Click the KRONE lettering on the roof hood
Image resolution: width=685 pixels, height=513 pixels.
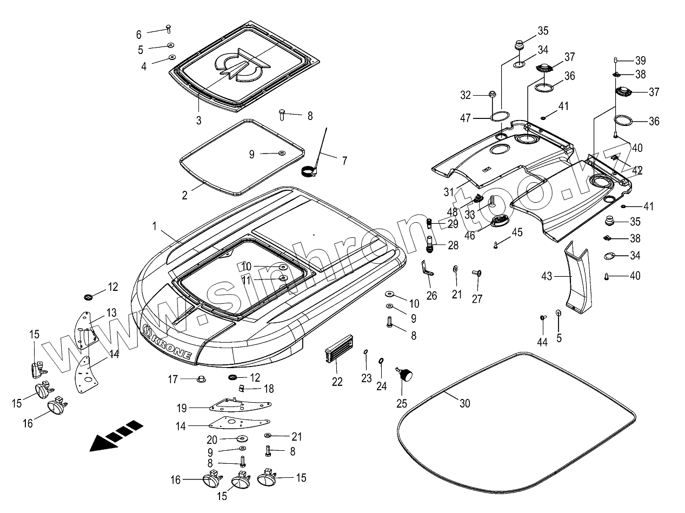(171, 344)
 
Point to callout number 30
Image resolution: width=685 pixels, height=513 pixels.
(465, 403)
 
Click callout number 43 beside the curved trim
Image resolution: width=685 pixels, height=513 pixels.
(547, 276)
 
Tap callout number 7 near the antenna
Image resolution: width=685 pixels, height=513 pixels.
(344, 161)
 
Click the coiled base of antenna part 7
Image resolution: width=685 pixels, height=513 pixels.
(309, 171)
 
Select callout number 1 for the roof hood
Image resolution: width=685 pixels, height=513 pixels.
(155, 226)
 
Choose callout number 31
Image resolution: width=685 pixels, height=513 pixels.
(448, 192)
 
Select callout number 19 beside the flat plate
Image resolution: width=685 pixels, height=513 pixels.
(182, 407)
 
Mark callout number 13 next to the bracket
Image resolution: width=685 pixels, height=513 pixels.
(111, 312)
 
